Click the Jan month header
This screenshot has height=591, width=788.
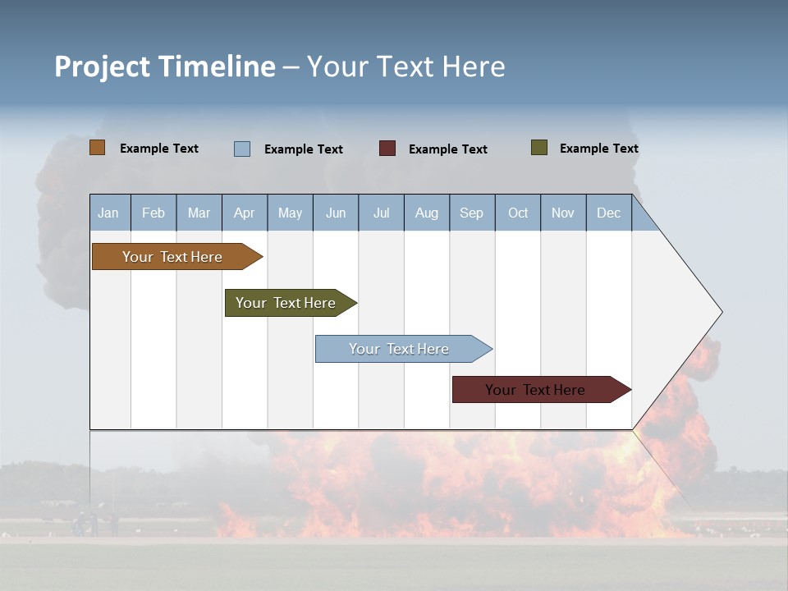[x=109, y=213]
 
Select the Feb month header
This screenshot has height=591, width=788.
[x=153, y=213]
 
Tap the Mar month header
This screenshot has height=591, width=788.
[x=199, y=213]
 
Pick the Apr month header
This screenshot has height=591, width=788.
[x=245, y=213]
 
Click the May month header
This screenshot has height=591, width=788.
[x=290, y=213]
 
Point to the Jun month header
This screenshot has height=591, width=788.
[x=336, y=213]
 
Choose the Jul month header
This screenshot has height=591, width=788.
[x=381, y=213]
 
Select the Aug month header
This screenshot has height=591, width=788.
[x=427, y=213]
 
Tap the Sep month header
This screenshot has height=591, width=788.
[x=472, y=213]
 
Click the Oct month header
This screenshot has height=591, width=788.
[x=518, y=213]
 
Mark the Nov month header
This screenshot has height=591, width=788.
[x=563, y=213]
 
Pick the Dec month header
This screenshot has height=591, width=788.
[x=609, y=213]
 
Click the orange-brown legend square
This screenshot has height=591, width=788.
[x=98, y=148]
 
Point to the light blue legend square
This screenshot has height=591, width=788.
[x=242, y=149]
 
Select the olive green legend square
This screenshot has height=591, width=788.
[x=539, y=148]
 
